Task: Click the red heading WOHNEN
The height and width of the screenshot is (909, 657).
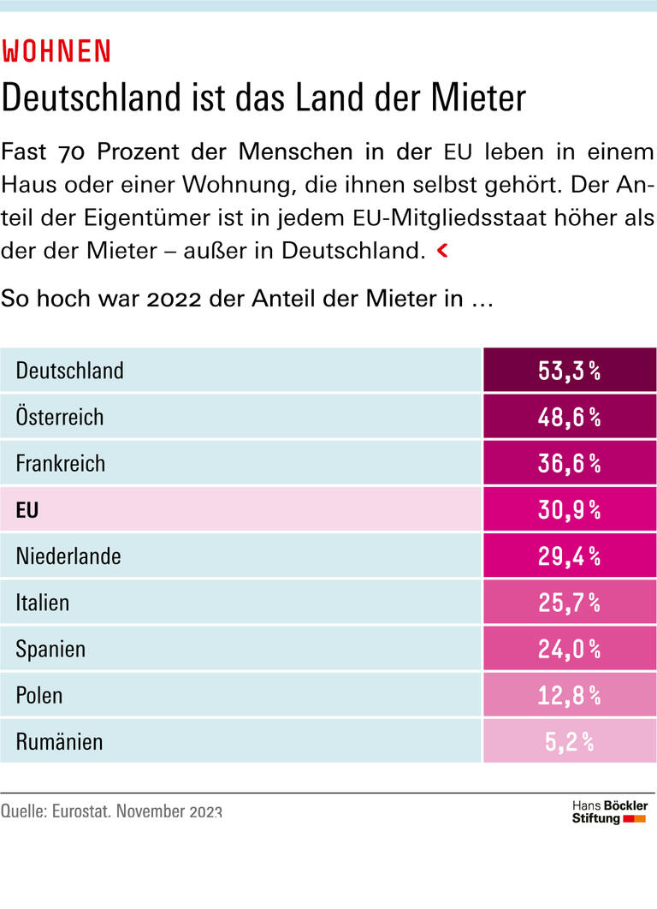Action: pyautogui.click(x=56, y=51)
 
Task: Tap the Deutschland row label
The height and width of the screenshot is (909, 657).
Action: pyautogui.click(x=69, y=371)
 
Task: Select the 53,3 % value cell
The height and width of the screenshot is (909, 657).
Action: pyautogui.click(x=570, y=371)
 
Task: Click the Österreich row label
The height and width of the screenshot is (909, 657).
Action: pyautogui.click(x=60, y=417)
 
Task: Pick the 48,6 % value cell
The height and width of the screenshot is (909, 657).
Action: pyautogui.click(x=570, y=417)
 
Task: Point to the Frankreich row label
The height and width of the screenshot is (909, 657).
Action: pyautogui.click(x=61, y=463)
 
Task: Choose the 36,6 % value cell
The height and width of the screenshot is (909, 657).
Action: pyautogui.click(x=570, y=463)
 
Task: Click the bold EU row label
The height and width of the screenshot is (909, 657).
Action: pyautogui.click(x=27, y=510)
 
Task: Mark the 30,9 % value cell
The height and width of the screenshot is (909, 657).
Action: pyautogui.click(x=570, y=510)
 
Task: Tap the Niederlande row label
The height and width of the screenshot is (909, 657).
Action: pyautogui.click(x=68, y=556)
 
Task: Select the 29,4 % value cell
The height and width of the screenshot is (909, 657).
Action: pyautogui.click(x=570, y=556)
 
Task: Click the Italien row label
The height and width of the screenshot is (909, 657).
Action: pyautogui.click(x=42, y=603)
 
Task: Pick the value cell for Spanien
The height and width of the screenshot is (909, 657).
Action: pyautogui.click(x=570, y=649)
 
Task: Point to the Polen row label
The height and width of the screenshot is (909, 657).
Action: pyautogui.click(x=39, y=695)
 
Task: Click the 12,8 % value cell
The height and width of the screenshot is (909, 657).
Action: pyautogui.click(x=570, y=695)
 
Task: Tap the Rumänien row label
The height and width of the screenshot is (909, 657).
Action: pyautogui.click(x=59, y=741)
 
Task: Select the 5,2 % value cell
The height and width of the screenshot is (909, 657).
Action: pyautogui.click(x=570, y=741)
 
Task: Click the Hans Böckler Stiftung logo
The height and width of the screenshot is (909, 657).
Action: pyautogui.click(x=609, y=812)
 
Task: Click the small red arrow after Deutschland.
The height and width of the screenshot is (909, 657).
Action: pyautogui.click(x=442, y=251)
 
